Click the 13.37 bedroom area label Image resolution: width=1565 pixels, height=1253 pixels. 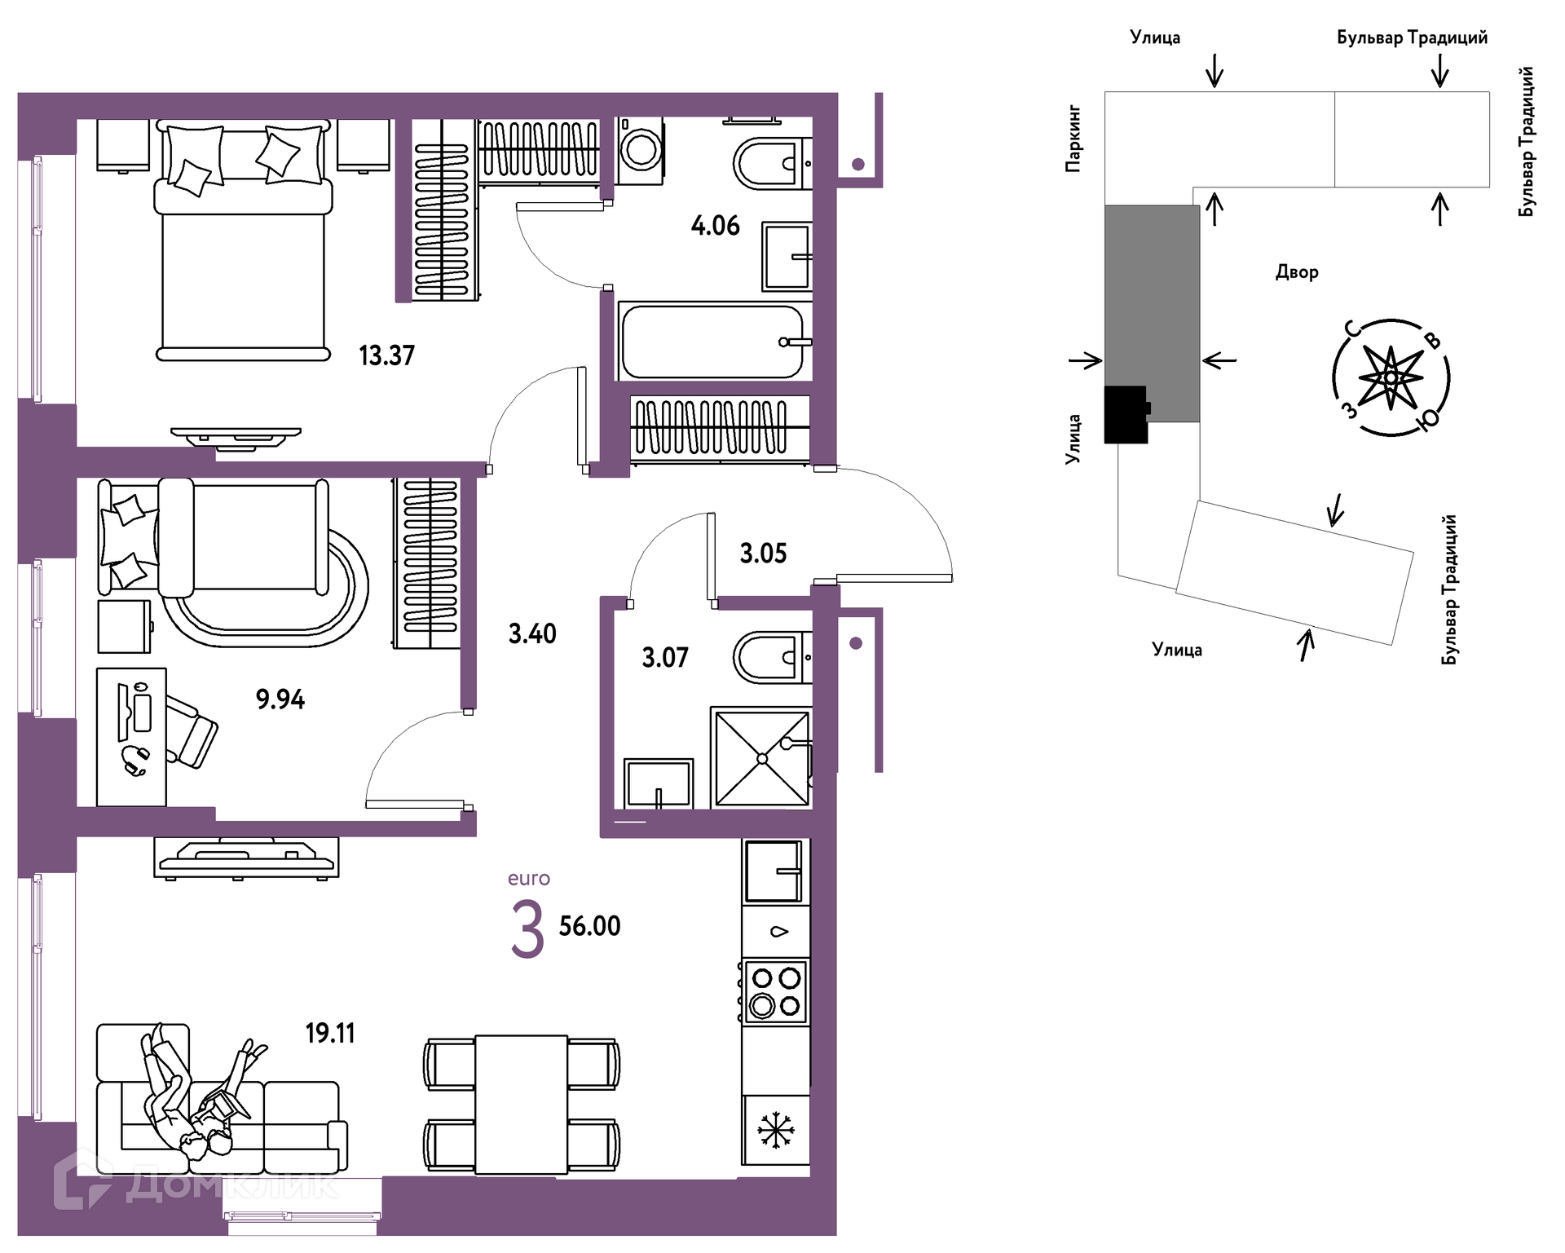coord(386,355)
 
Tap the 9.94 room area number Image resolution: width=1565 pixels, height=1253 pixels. coord(280,699)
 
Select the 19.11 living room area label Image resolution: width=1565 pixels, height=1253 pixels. coord(330,1034)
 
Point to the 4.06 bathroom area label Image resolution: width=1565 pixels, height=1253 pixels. coord(716,225)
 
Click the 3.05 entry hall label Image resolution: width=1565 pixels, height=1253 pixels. coord(764,554)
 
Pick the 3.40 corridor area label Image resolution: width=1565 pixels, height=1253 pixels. coord(532,633)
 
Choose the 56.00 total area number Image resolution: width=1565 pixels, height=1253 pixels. coord(589,926)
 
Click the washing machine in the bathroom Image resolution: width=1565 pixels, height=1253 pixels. coord(641,151)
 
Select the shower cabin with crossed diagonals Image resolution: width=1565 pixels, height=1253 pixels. coord(762,758)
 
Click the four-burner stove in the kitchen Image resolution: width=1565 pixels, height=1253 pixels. coord(775,992)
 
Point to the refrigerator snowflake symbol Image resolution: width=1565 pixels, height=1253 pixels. coord(775,1131)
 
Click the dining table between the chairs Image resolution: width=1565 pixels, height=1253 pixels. coord(522,1105)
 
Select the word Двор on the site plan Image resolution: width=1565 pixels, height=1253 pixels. coord(1297,272)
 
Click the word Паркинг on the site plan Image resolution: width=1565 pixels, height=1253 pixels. coord(1073,138)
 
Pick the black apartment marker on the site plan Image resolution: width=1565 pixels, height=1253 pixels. coord(1126,414)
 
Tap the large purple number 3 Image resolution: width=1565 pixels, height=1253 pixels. coord(527,929)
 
